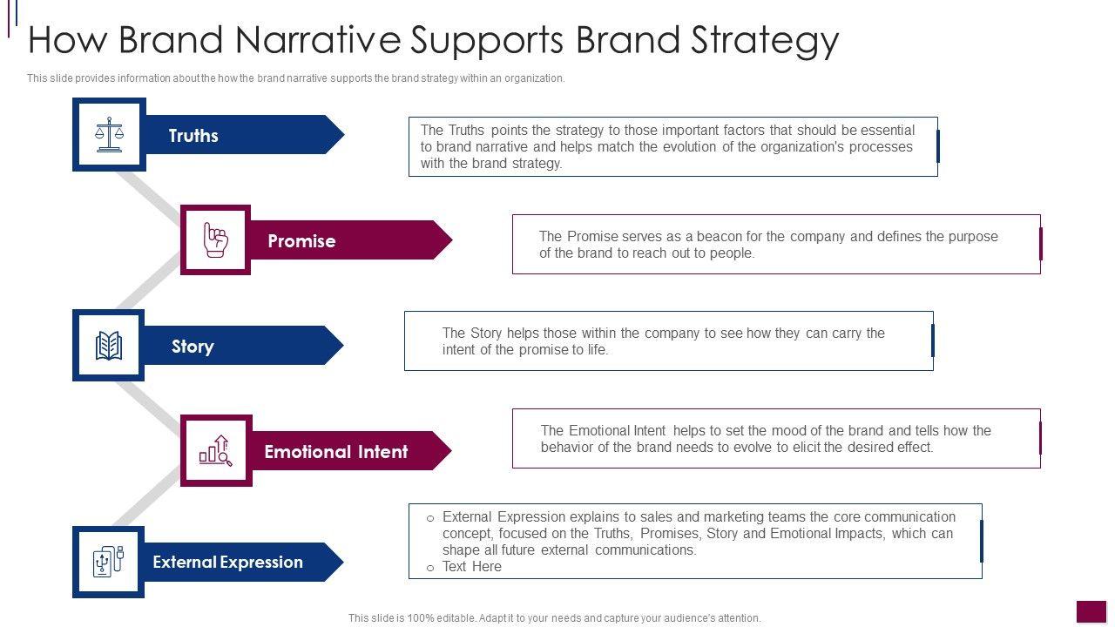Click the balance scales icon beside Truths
coord(109,134)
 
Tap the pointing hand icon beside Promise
coord(215,239)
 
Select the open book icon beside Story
coord(109,346)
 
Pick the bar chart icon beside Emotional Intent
coord(215,450)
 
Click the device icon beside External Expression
coord(109,562)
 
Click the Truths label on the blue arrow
coord(193,136)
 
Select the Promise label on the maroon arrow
coord(301,241)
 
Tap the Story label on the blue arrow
coord(193,347)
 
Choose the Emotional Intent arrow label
coord(335,452)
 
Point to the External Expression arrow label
coord(227,563)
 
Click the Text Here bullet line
coord(471,567)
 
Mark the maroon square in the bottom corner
coord(1091,611)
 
